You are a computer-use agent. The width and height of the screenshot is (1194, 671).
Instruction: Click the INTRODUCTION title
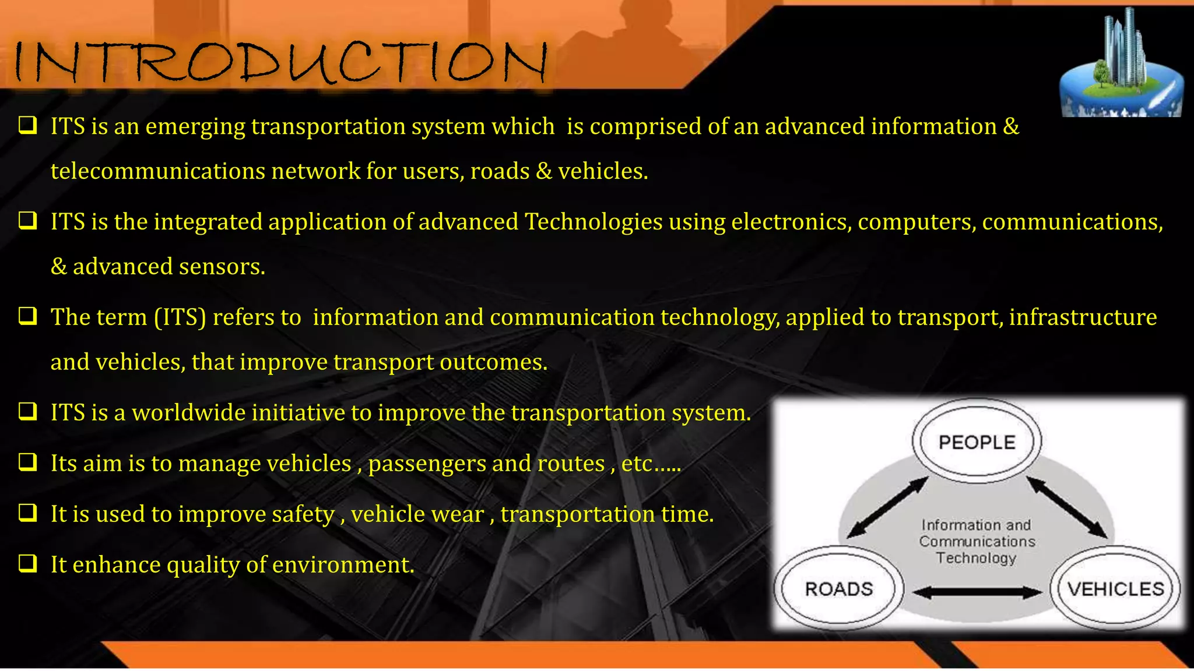pyautogui.click(x=280, y=62)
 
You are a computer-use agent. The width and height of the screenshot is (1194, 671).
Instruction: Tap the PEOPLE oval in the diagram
pyautogui.click(x=977, y=442)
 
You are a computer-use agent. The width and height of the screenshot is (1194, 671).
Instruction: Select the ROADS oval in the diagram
pyautogui.click(x=838, y=589)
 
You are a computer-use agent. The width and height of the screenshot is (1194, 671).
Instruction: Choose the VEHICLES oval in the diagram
pyautogui.click(x=1115, y=589)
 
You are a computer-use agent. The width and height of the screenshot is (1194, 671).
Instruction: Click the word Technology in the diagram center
pyautogui.click(x=976, y=558)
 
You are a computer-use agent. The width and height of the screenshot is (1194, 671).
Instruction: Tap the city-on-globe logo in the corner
pyautogui.click(x=1121, y=64)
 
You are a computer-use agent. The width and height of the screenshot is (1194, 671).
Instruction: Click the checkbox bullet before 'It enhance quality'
pyautogui.click(x=27, y=563)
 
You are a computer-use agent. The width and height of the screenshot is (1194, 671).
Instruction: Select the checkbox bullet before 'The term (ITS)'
pyautogui.click(x=27, y=316)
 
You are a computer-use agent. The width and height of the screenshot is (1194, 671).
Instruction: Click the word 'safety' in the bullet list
pyautogui.click(x=303, y=514)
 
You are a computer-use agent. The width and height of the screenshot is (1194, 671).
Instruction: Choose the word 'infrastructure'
pyautogui.click(x=1083, y=317)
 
